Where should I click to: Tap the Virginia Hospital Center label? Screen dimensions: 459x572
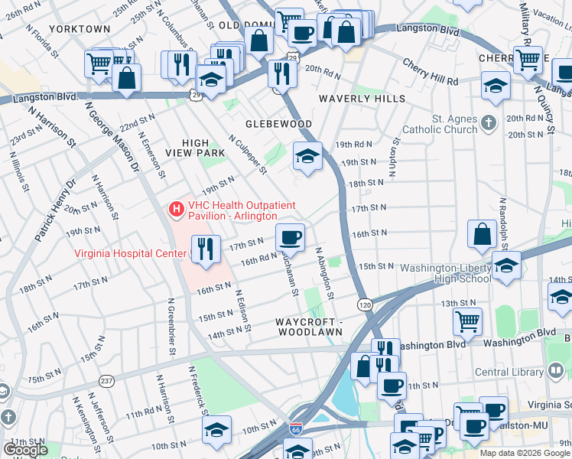click(130, 254)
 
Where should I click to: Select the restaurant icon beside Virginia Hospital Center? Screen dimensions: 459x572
click(205, 249)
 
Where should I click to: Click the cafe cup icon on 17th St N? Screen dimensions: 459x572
click(290, 238)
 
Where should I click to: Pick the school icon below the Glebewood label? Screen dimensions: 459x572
click(307, 157)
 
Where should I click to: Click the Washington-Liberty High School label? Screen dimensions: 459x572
click(444, 273)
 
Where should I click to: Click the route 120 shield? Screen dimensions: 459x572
click(366, 304)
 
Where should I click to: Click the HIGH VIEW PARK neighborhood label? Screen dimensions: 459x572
click(204, 148)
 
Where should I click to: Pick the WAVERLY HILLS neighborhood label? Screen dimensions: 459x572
click(362, 99)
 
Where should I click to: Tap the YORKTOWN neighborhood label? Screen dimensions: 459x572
click(80, 29)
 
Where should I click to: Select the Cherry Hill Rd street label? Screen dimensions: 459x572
click(430, 74)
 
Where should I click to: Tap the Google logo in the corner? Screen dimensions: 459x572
click(26, 450)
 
